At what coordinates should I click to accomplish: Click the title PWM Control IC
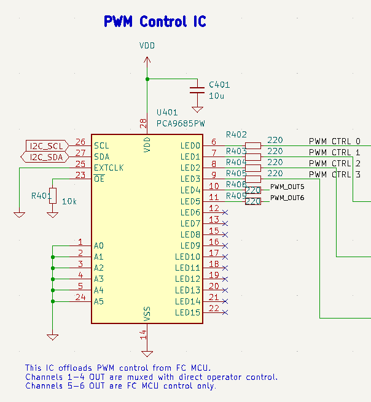tap(155, 22)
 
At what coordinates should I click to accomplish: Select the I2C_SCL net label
tap(47, 145)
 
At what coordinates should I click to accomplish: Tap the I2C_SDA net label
tap(47, 157)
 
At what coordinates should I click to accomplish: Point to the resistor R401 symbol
tap(53, 196)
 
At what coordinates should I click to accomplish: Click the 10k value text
tap(69, 201)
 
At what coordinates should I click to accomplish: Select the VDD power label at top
tap(147, 46)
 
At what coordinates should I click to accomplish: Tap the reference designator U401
tap(167, 113)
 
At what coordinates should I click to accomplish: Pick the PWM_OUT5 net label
tap(287, 187)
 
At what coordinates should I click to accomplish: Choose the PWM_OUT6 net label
tap(287, 198)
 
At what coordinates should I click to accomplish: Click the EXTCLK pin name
tap(109, 168)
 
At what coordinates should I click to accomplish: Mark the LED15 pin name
tap(187, 312)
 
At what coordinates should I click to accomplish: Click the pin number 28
tap(144, 123)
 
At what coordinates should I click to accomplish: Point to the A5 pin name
tap(99, 301)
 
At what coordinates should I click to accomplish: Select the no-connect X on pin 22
tap(225, 312)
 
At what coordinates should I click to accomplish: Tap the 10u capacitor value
tap(216, 96)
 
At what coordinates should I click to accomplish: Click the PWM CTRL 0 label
tap(335, 141)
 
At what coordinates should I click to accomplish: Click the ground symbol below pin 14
tap(147, 353)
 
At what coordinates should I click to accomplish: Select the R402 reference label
tap(236, 134)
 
